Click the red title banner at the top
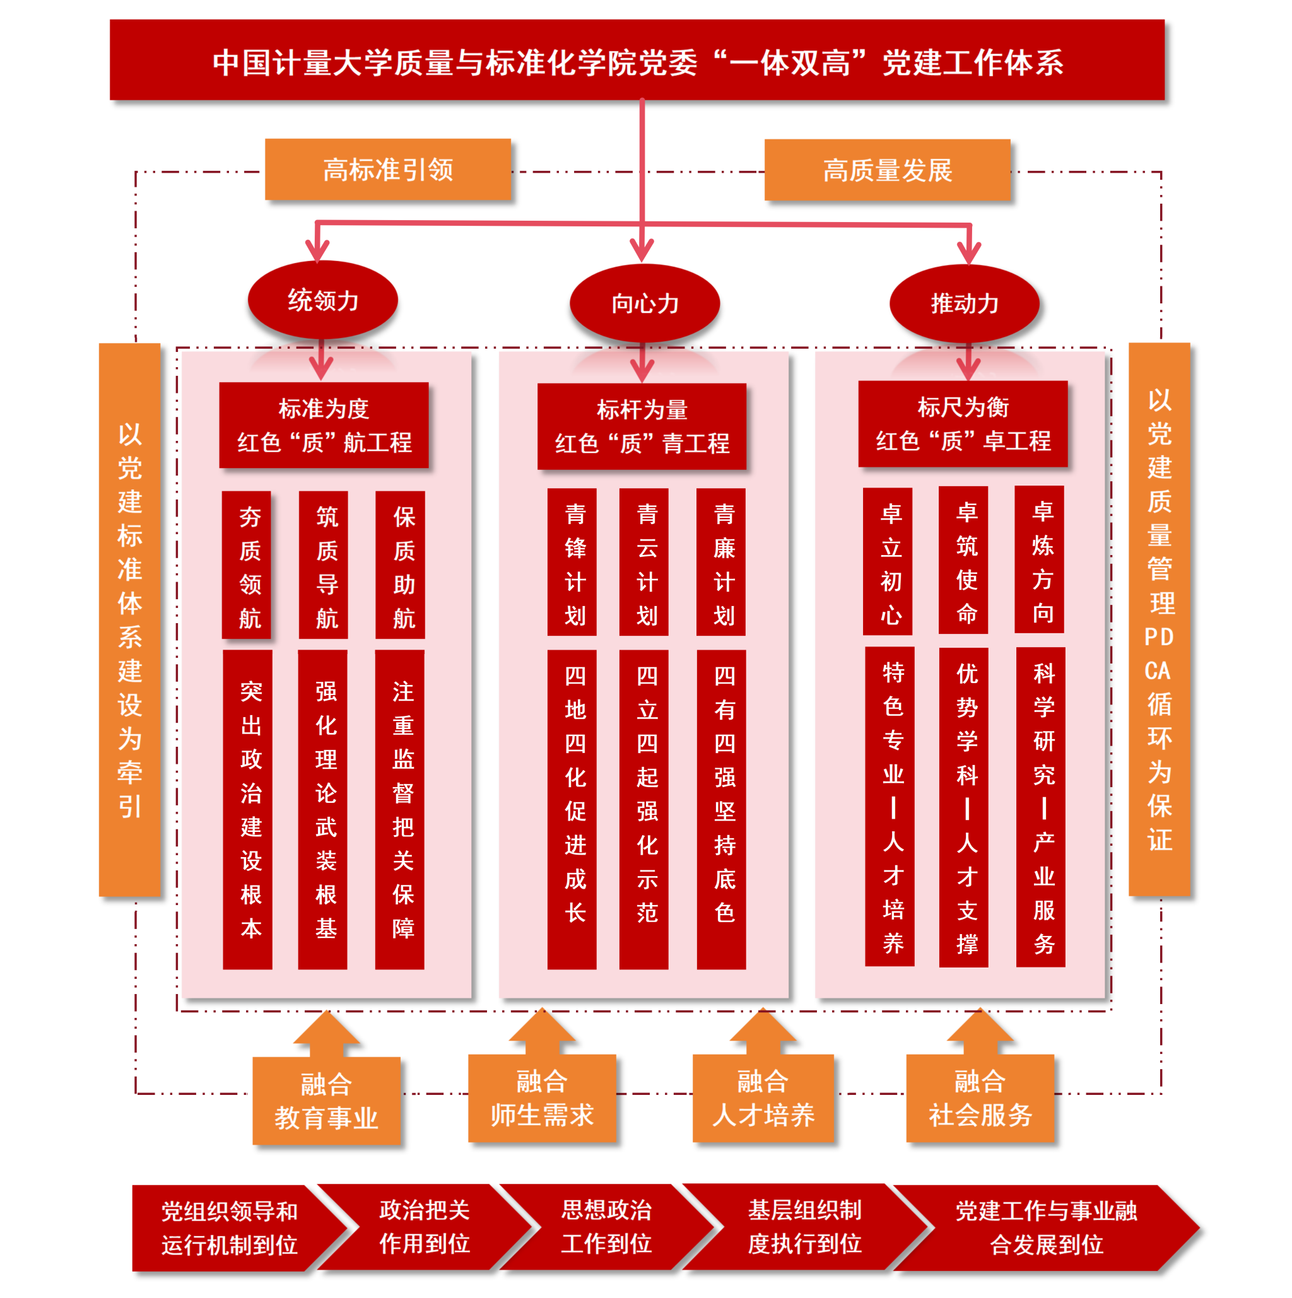click(637, 61)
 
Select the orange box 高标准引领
click(388, 169)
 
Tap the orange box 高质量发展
click(887, 170)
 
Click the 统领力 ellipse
click(322, 300)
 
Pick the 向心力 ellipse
click(644, 303)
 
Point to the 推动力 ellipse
click(964, 303)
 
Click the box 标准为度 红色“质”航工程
click(324, 424)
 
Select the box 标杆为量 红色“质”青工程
click(642, 426)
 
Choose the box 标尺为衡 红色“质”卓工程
click(963, 423)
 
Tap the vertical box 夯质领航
click(247, 565)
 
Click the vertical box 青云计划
click(643, 563)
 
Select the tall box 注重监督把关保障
click(400, 809)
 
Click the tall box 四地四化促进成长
click(572, 809)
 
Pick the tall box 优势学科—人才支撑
click(963, 807)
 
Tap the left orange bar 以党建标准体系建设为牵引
click(130, 619)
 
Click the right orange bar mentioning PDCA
click(1159, 619)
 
